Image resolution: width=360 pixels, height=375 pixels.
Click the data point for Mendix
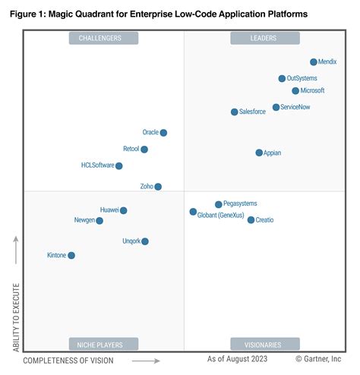tap(314, 62)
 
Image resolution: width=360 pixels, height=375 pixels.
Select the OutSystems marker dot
tap(282, 78)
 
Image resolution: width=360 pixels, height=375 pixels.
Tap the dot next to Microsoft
tap(295, 91)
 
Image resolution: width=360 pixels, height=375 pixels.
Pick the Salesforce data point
tap(234, 112)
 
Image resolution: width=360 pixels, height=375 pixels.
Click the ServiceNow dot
tap(276, 108)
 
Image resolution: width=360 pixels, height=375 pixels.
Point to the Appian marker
tap(259, 153)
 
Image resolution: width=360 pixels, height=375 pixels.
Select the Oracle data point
tap(163, 133)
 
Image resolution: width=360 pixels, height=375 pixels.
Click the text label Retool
tap(131, 150)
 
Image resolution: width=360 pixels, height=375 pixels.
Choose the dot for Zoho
tap(158, 187)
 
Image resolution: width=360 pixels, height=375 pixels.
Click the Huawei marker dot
tap(124, 210)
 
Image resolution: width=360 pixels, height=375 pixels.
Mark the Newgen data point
tap(99, 221)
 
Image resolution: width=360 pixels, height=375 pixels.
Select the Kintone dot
tap(71, 256)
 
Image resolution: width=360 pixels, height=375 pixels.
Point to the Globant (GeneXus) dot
tap(193, 212)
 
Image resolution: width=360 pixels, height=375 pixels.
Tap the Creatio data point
tap(251, 220)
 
